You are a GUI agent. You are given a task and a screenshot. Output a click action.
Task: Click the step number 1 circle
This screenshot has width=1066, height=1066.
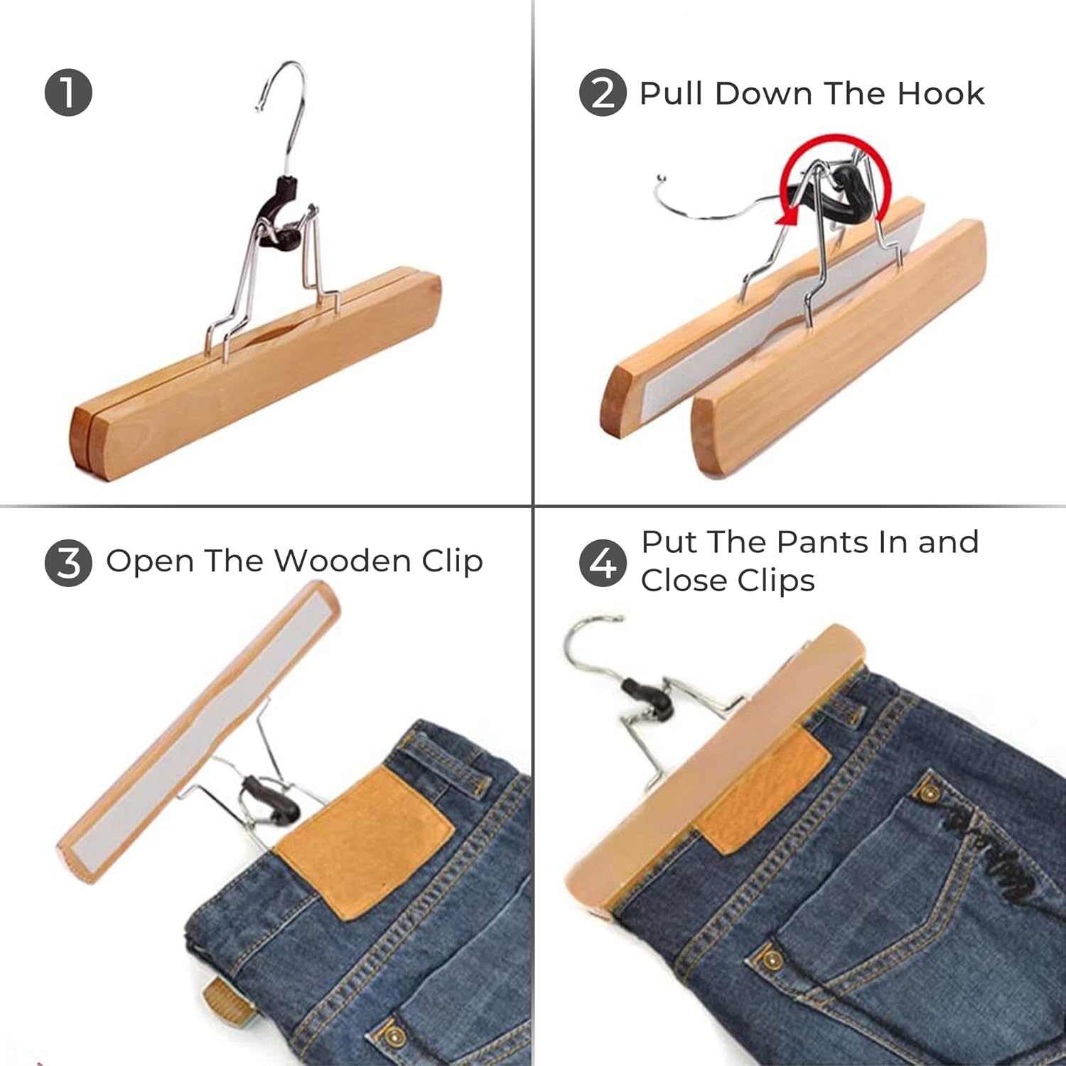pos(68,92)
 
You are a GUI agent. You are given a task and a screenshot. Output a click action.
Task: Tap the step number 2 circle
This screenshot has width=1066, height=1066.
pos(603,92)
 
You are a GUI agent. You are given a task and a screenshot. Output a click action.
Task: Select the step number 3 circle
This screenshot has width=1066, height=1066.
pos(68,563)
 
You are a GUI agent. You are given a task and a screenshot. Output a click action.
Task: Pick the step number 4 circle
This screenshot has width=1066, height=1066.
pos(603,563)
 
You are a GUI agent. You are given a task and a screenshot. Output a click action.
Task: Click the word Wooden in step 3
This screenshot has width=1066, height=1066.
pos(343,561)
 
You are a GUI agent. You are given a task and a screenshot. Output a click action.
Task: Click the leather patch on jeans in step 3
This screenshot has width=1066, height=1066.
pos(365,843)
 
